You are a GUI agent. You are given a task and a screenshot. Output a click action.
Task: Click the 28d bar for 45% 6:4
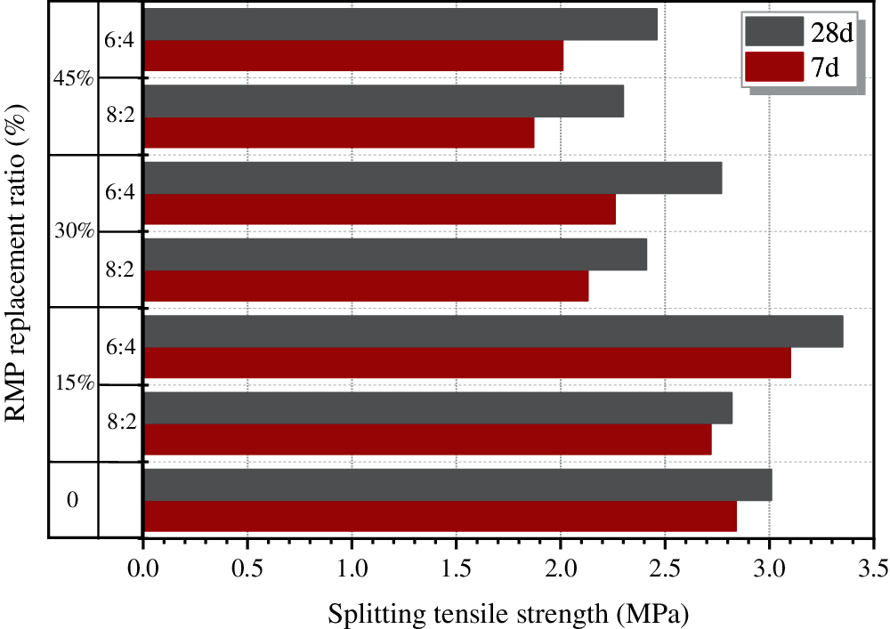click(400, 24)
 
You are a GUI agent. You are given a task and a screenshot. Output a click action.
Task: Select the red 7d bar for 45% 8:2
click(338, 133)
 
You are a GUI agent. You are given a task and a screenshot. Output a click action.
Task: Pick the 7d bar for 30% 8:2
click(365, 286)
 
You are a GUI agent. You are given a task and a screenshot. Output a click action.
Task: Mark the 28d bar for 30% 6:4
click(432, 178)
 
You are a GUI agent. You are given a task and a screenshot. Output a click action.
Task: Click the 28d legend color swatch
click(773, 33)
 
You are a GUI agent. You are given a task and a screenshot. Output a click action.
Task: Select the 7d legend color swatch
click(773, 67)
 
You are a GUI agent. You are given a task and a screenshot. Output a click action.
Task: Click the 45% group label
click(72, 78)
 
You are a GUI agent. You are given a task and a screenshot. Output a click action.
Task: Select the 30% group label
click(72, 230)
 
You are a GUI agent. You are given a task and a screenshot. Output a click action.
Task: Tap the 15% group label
click(72, 384)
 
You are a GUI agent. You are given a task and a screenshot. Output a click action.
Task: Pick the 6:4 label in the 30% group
click(120, 192)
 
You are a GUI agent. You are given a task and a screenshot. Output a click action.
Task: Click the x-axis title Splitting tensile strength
click(509, 614)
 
